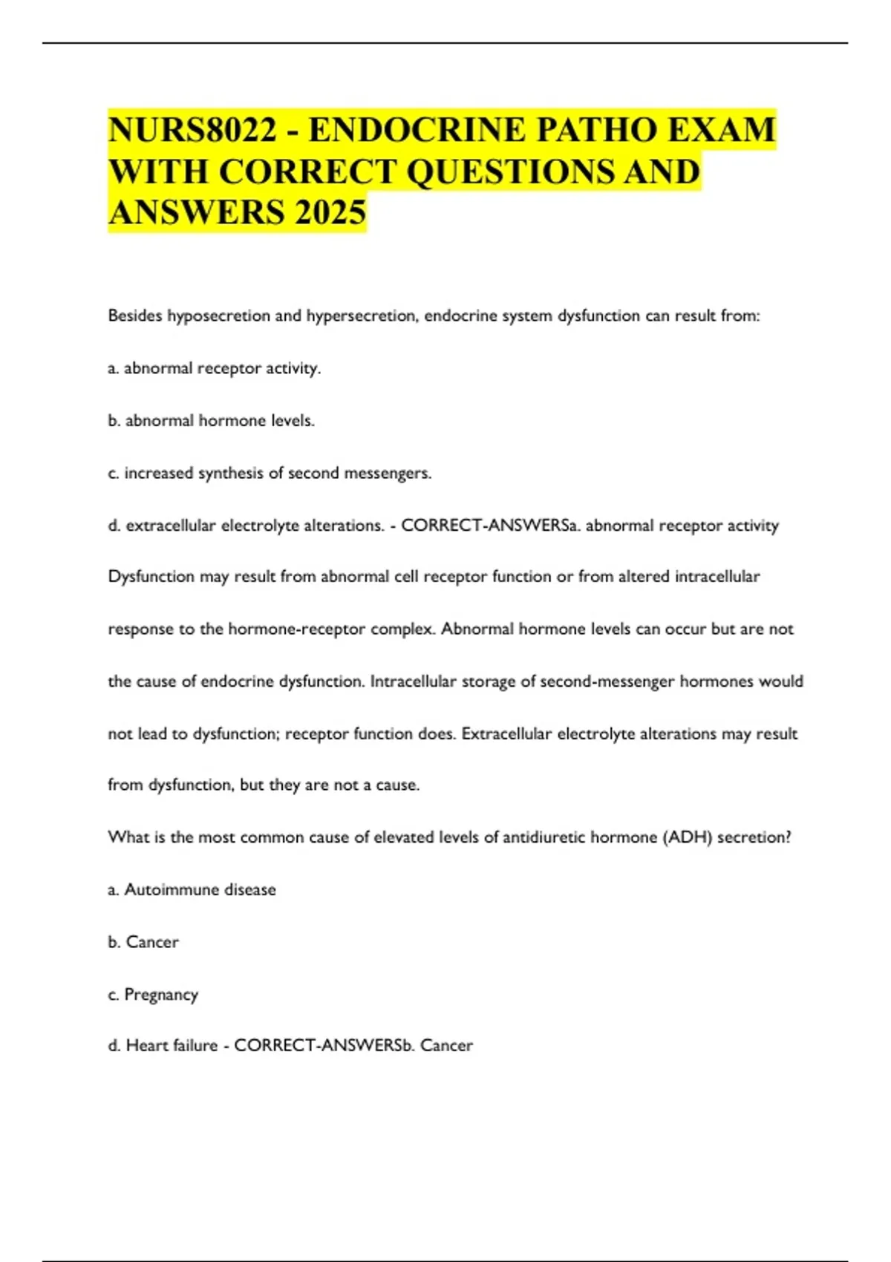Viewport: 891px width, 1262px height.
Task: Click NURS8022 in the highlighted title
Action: coord(192,131)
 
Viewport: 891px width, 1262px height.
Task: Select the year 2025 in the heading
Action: coord(330,212)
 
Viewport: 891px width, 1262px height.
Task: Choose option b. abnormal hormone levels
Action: coord(212,421)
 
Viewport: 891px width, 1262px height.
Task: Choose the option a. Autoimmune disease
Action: coord(192,889)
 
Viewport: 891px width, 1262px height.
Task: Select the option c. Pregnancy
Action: coord(153,995)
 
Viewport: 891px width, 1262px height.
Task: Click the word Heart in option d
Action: coord(146,1046)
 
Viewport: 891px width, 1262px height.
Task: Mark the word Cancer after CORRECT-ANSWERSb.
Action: coord(446,1046)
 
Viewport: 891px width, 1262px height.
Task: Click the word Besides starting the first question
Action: coord(134,316)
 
